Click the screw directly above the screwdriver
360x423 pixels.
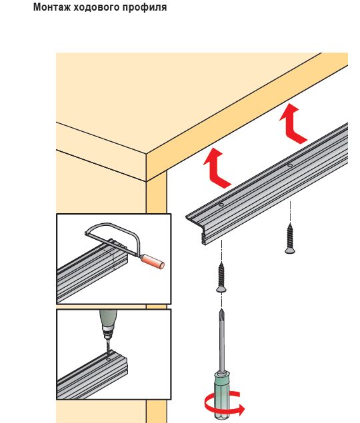(221, 277)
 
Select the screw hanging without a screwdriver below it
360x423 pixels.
(290, 238)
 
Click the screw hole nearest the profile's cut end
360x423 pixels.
(221, 205)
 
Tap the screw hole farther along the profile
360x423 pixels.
(290, 165)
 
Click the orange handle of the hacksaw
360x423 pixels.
(153, 262)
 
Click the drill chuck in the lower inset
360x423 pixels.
(108, 331)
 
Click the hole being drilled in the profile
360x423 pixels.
(109, 359)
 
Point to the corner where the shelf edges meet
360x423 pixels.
(147, 155)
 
